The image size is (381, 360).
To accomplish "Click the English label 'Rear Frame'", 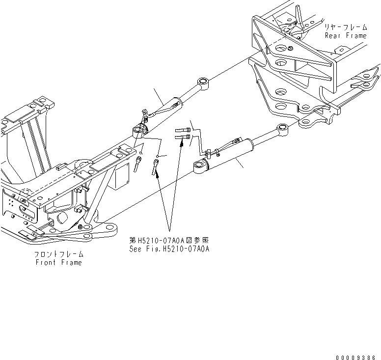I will pos(345,36).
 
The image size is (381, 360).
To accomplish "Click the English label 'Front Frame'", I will pos(58,262).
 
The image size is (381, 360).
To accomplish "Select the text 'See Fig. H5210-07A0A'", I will pos(169,249).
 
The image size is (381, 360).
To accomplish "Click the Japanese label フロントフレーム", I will pos(58,254).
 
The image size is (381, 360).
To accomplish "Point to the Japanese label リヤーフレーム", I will pos(344,28).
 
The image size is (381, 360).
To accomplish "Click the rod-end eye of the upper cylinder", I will pos(203,82).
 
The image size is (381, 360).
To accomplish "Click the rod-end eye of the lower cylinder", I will pos(282,130).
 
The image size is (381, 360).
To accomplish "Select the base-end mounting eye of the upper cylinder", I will pos(139,132).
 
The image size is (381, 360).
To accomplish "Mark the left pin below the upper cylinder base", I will pos(137,164).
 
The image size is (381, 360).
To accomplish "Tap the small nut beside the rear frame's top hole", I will pos(291,48).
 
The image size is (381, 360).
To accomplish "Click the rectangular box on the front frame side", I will pos(118,179).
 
